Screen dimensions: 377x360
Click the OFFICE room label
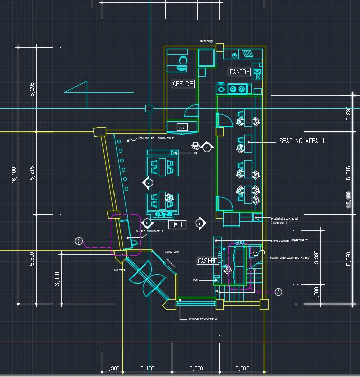183,84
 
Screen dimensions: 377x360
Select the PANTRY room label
239,72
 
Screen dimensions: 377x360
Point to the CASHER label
208,261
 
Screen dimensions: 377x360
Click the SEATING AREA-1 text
302,141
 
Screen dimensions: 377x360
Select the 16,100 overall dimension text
14,175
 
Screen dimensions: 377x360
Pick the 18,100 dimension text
349,198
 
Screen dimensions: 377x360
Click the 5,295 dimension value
32,89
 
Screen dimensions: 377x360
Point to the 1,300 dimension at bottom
112,368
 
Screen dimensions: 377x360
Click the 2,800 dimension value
242,368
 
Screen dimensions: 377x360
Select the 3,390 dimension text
317,257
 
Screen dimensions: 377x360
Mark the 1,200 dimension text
317,293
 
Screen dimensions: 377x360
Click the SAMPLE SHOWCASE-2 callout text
203,319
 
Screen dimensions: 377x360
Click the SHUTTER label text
119,270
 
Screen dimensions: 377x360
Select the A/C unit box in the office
181,127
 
